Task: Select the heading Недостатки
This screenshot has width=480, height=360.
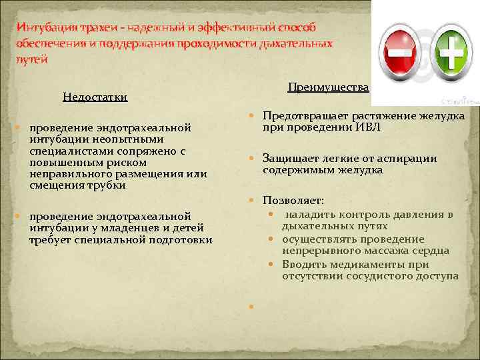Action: click(95, 97)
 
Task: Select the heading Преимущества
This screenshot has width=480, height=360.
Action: click(329, 87)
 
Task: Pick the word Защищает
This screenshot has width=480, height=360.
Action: click(288, 159)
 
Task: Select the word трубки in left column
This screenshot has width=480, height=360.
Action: click(107, 185)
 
